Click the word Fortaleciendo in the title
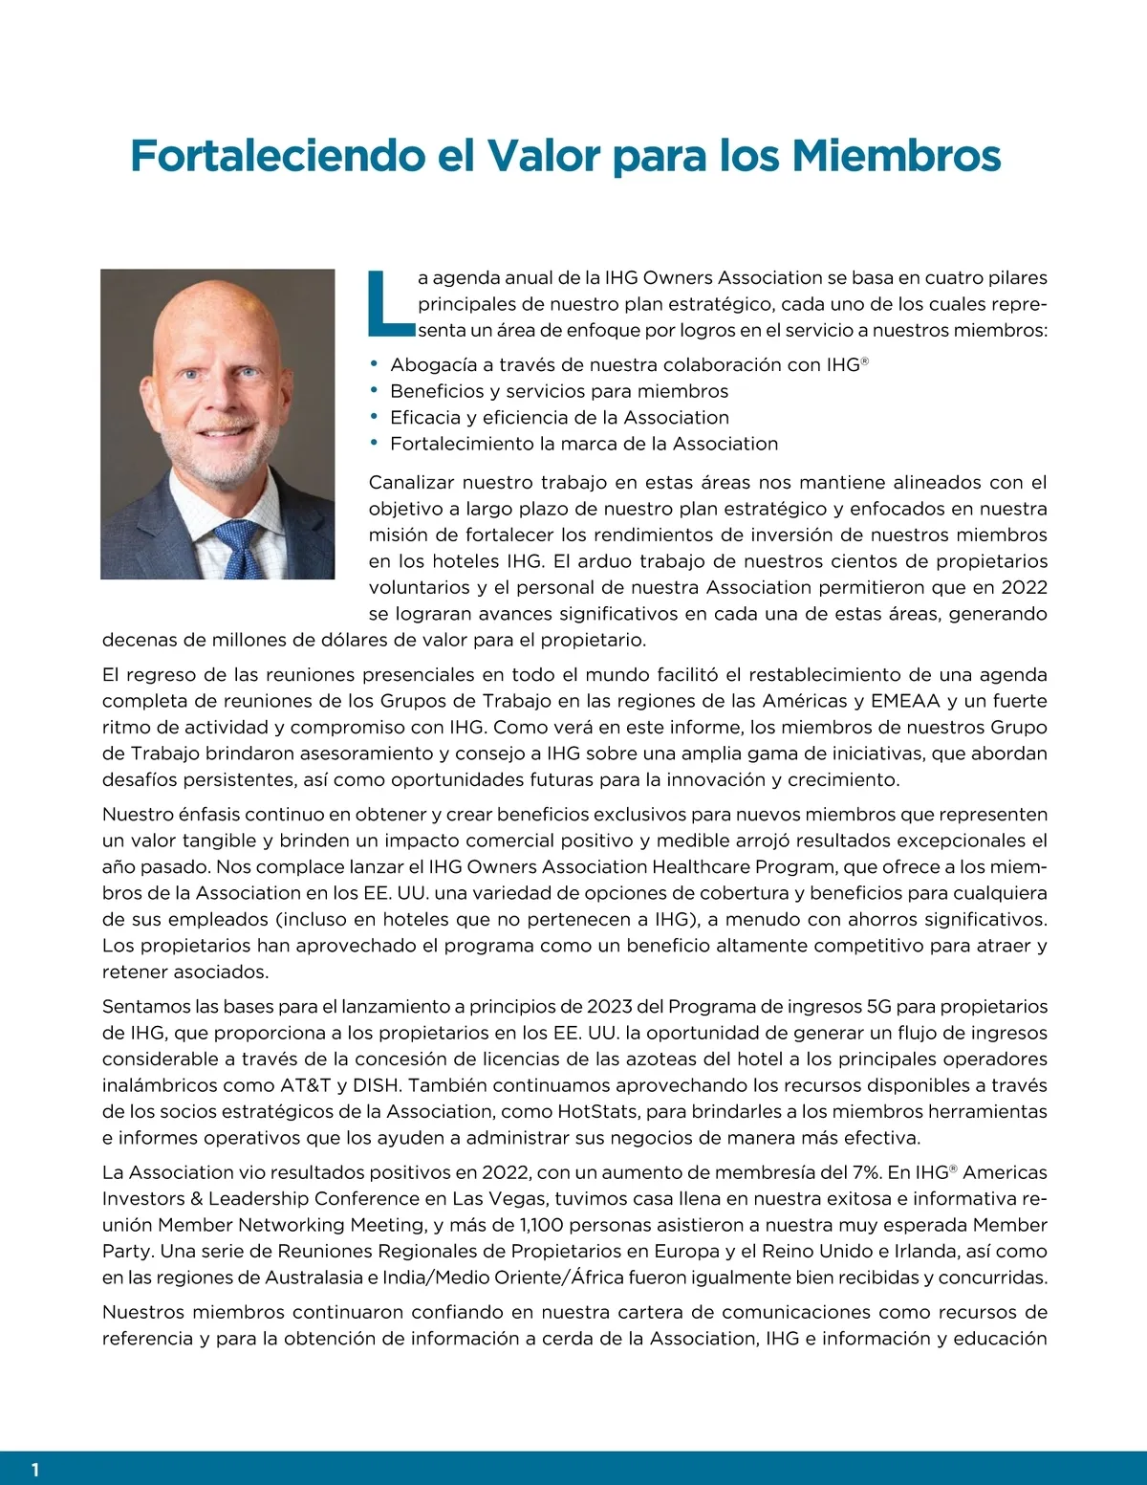tap(276, 156)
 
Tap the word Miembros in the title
tap(897, 156)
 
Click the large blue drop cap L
tap(389, 304)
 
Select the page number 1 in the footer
tap(35, 1470)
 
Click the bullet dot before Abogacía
tap(375, 363)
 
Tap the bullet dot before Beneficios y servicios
tap(375, 390)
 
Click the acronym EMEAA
tap(905, 701)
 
